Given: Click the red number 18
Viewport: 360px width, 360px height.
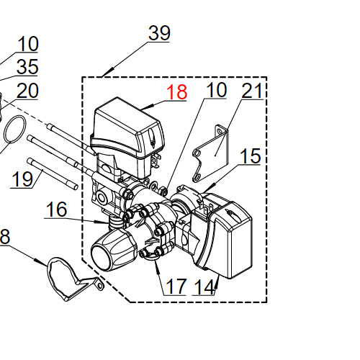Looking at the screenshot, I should pos(176,93).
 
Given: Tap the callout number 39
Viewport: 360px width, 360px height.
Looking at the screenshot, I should pos(159,34).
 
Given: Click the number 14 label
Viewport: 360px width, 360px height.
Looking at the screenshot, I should pos(204,287).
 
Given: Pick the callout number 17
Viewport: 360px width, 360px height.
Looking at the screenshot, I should pos(176,287).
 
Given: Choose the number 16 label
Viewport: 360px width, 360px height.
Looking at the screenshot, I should pos(57,210).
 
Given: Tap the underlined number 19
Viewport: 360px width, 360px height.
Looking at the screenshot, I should pos(23,179).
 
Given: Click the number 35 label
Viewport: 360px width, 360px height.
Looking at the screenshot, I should pos(27,68).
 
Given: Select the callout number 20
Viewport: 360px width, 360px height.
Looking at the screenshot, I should pos(27,91).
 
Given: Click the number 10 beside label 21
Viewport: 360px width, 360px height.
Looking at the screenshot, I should pos(216,91).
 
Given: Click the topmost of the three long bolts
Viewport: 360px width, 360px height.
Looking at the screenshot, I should pos(68,138).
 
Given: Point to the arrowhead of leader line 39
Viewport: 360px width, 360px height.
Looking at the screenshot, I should pos(105,74).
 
